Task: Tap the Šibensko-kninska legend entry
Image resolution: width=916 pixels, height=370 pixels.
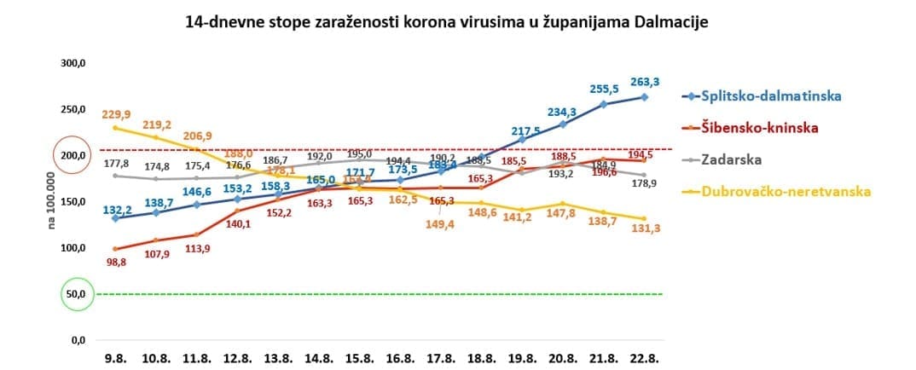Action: [758, 127]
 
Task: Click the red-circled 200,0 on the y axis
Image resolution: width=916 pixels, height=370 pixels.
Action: [72, 156]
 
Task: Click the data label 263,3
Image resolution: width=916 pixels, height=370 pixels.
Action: [644, 82]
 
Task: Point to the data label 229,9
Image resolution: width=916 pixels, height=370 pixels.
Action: [116, 114]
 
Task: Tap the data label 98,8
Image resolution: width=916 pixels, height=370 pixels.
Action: [116, 263]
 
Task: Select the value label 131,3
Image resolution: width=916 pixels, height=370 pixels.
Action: [644, 229]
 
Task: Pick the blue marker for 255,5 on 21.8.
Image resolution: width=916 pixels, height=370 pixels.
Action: [603, 104]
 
